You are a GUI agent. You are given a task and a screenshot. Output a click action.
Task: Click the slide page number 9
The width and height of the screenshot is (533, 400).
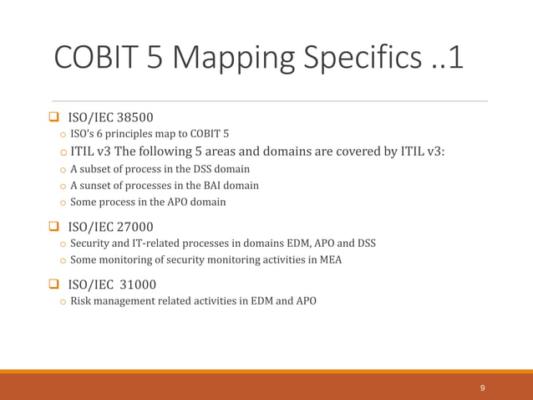pyautogui.click(x=483, y=388)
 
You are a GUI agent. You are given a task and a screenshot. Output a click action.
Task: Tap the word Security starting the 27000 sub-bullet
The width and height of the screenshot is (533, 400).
pyautogui.click(x=90, y=244)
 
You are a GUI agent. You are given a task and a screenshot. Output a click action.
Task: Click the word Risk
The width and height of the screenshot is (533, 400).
pyautogui.click(x=81, y=301)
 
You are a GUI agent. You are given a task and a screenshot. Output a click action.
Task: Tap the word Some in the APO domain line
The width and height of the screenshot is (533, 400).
pyautogui.click(x=84, y=202)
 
